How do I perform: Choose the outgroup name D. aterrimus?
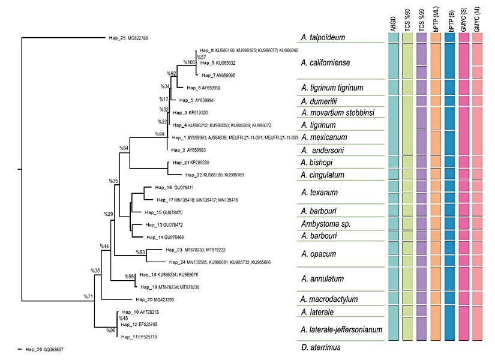pos(322,347)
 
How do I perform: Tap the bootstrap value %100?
pos(189,62)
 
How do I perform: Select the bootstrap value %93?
pos(141,252)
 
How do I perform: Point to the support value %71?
pos(89,297)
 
